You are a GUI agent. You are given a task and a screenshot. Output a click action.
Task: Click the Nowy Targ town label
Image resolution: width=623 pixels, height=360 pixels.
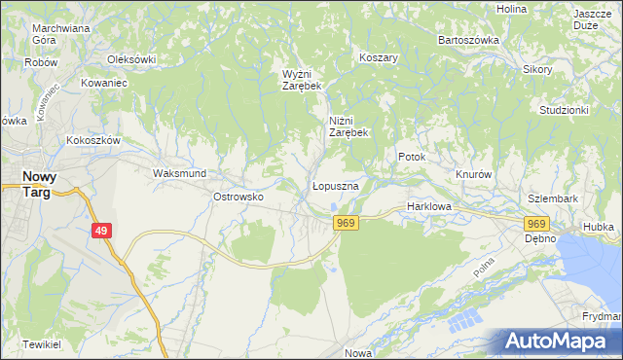pyautogui.click(x=38, y=184)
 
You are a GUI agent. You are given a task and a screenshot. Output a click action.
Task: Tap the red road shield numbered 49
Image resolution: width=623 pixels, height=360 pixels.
pyautogui.click(x=102, y=231)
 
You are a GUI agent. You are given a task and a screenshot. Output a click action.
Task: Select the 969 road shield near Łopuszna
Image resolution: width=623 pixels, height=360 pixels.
pyautogui.click(x=346, y=224)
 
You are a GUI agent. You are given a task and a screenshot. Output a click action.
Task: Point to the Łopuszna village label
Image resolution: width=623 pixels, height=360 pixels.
pyautogui.click(x=337, y=185)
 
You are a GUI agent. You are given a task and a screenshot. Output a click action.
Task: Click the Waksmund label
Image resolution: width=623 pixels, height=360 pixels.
pyautogui.click(x=178, y=173)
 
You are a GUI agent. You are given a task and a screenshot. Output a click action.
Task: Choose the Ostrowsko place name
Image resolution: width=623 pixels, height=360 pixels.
pyautogui.click(x=238, y=197)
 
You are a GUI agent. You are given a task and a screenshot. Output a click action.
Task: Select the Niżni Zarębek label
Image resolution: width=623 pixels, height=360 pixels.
pyautogui.click(x=347, y=126)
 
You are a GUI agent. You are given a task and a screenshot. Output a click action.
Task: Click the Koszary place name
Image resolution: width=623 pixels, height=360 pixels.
pyautogui.click(x=380, y=57)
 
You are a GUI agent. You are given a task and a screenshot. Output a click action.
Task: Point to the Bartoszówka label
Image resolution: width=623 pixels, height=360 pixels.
pyautogui.click(x=468, y=40)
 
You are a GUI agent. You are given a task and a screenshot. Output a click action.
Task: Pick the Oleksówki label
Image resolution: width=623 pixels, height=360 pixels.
pyautogui.click(x=131, y=59)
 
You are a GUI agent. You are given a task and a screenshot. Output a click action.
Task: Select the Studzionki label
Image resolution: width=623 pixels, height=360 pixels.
pyautogui.click(x=564, y=110)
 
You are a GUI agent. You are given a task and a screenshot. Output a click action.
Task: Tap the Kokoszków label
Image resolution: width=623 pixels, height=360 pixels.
pyautogui.click(x=92, y=140)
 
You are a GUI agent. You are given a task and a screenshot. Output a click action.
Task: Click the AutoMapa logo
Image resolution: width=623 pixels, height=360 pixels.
pyautogui.click(x=559, y=342)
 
